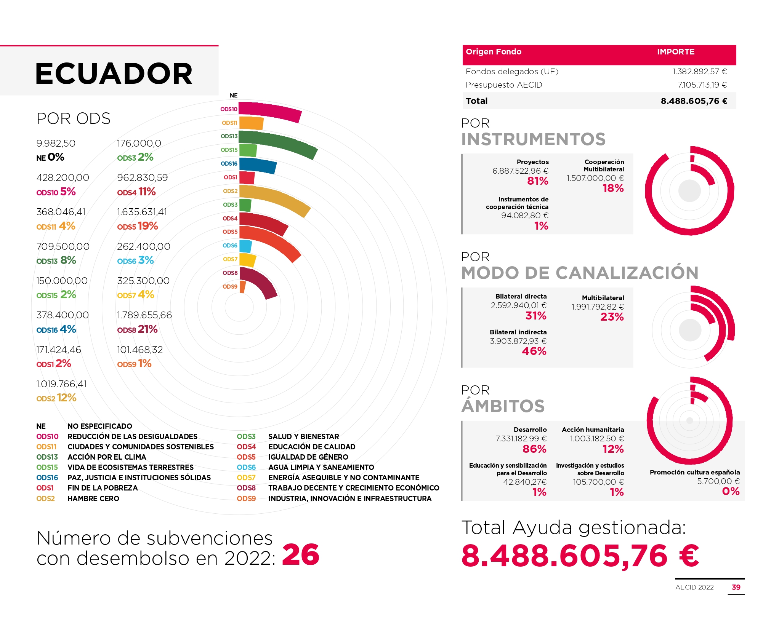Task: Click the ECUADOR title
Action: tap(114, 73)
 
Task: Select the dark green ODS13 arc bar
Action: tap(278, 143)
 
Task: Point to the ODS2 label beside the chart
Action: tap(230, 191)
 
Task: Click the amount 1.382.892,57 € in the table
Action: tap(699, 72)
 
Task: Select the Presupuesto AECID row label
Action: tap(503, 85)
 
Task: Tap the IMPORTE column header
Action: tap(675, 52)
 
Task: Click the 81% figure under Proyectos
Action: tap(537, 181)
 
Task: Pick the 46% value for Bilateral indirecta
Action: tap(534, 351)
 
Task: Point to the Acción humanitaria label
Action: tap(593, 430)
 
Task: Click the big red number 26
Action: tap(300, 554)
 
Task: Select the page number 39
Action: tap(736, 587)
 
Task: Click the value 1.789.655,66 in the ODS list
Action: tap(144, 315)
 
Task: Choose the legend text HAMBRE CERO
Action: tap(93, 498)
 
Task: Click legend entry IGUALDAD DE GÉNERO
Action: tap(308, 457)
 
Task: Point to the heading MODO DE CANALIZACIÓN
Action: tap(579, 273)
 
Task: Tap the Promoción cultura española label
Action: tap(694, 472)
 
